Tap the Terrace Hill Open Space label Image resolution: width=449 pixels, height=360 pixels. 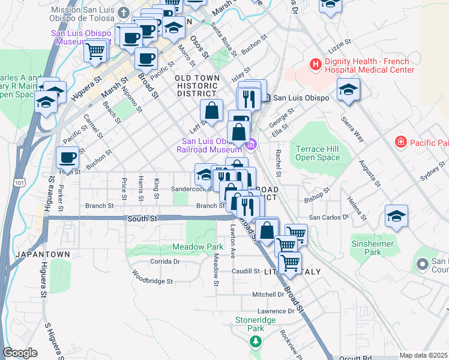pyautogui.click(x=318, y=153)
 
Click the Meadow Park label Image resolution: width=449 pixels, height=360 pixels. pyautogui.click(x=197, y=247)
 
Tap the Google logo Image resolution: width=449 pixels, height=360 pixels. pyautogui.click(x=20, y=353)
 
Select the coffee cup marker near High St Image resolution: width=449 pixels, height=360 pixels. pyautogui.click(x=67, y=158)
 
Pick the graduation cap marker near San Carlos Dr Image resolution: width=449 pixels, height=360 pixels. pyautogui.click(x=396, y=216)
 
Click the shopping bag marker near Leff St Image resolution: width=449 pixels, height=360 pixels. pyautogui.click(x=211, y=110)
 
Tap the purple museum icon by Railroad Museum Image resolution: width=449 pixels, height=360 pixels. pyautogui.click(x=252, y=144)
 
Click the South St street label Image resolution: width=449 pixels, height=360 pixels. pyautogui.click(x=142, y=219)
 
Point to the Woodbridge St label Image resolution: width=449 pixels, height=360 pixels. pyautogui.click(x=152, y=280)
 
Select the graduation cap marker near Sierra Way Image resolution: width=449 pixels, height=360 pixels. pyautogui.click(x=348, y=90)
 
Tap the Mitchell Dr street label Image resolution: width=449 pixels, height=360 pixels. pyautogui.click(x=268, y=295)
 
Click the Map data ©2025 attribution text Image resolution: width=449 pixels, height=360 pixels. pyautogui.click(x=423, y=355)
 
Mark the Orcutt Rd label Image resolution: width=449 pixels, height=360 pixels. pyautogui.click(x=358, y=358)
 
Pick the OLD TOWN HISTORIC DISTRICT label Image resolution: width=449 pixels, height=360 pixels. pyautogui.click(x=196, y=86)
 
